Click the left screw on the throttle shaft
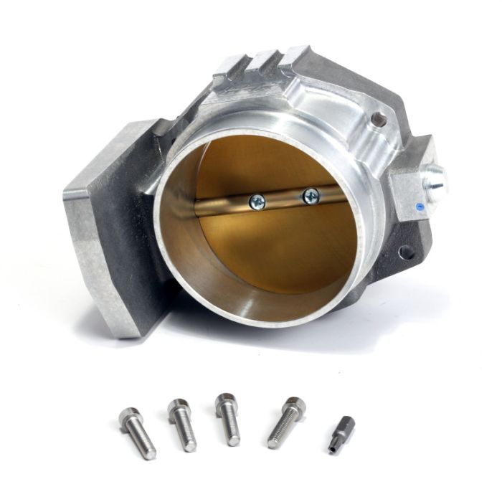[257, 203]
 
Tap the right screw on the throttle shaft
[311, 194]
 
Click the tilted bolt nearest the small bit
[286, 422]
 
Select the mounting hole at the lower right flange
[407, 252]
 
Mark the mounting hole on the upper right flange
[379, 119]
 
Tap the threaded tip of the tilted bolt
[274, 442]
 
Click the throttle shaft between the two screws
[283, 199]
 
